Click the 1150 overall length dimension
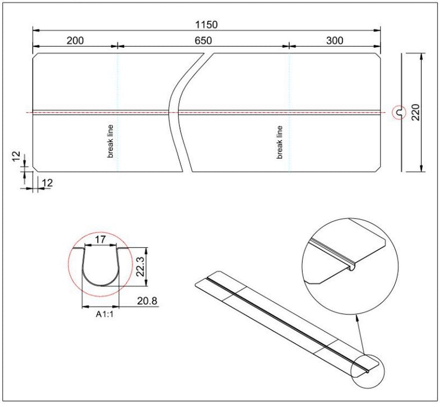click(x=207, y=24)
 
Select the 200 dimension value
click(x=75, y=40)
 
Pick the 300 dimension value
click(x=335, y=40)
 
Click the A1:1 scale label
click(x=104, y=314)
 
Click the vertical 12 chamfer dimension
click(x=16, y=156)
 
